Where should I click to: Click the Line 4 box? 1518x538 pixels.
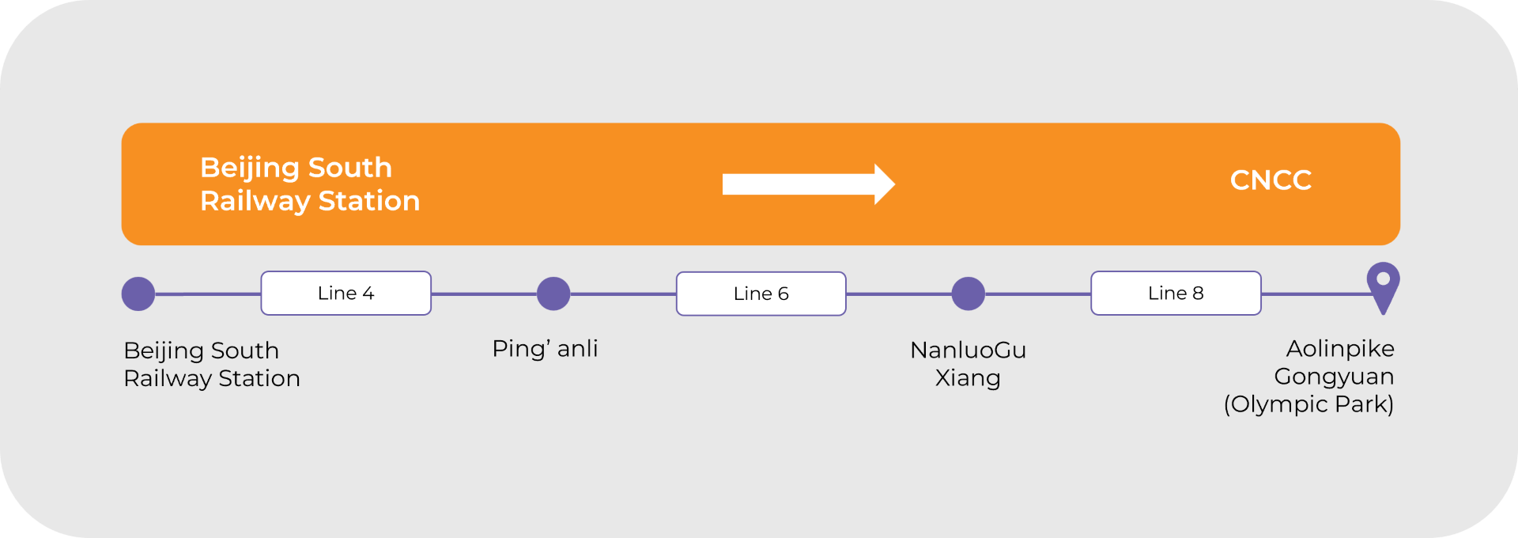coord(346,294)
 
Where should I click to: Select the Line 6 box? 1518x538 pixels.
coord(761,294)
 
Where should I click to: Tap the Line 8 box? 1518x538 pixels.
coord(1176,294)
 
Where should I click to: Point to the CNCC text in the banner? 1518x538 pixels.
coord(1271,180)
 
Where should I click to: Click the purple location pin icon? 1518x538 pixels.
coord(1383,285)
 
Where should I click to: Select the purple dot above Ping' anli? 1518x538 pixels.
coord(553,294)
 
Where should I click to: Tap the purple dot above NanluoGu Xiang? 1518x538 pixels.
coord(968,294)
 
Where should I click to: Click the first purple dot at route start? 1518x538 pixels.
coord(138,294)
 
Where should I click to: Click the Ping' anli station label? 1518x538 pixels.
coord(545,349)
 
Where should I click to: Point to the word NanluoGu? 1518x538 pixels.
coord(968,350)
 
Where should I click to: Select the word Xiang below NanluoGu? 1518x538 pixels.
coord(968,378)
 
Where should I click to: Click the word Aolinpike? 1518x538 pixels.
coord(1340,349)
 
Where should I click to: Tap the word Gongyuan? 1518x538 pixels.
coord(1334,377)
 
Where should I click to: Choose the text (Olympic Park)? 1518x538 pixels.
coord(1308,404)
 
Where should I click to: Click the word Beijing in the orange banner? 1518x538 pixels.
coord(249,169)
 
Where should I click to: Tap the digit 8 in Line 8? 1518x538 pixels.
coord(1198,294)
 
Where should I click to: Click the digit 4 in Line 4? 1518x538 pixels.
coord(368,294)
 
